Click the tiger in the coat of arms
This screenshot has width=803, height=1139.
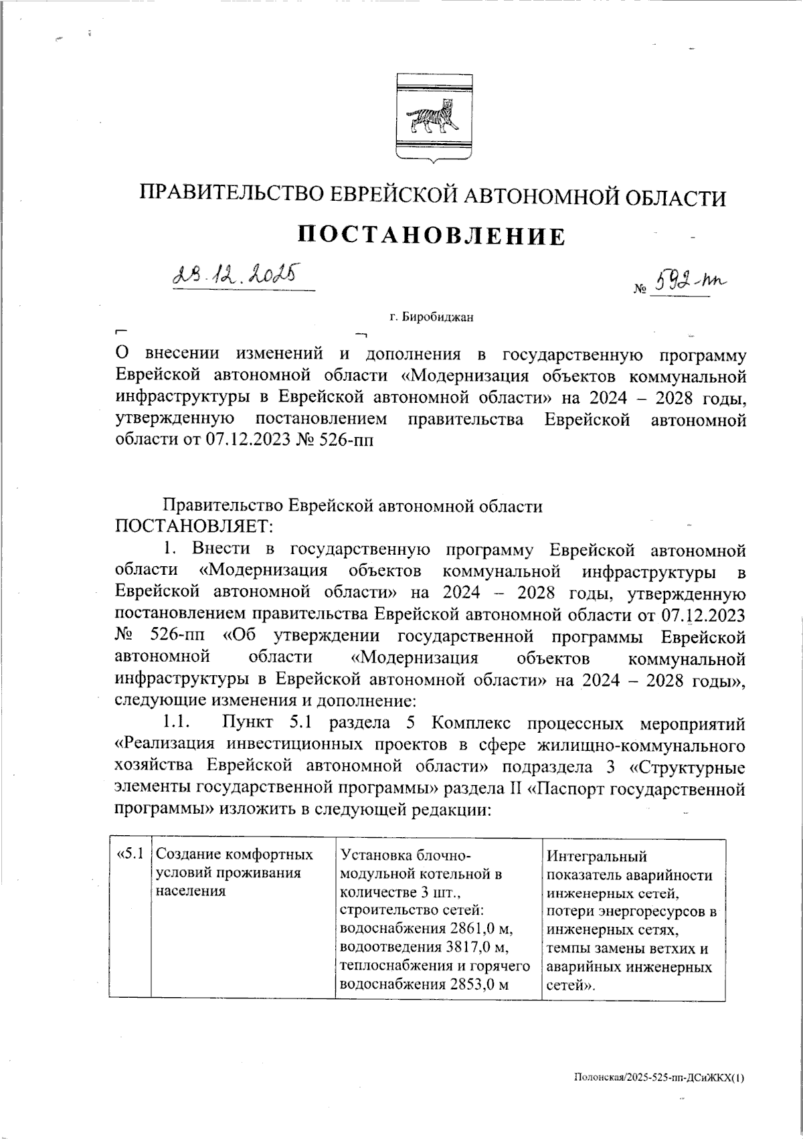tap(432, 118)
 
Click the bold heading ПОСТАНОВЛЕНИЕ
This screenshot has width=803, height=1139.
tap(431, 236)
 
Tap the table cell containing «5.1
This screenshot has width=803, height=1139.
tap(130, 855)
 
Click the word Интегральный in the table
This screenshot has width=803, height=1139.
tap(597, 855)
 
